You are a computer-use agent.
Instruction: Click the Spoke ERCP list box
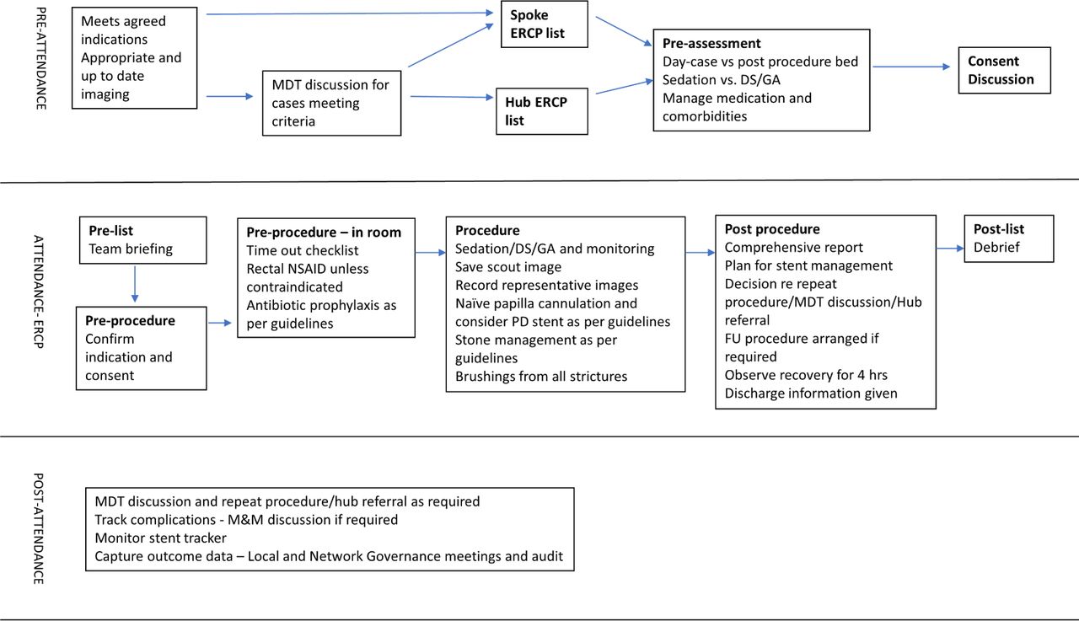(x=545, y=24)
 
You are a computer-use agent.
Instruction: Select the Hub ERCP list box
(x=542, y=111)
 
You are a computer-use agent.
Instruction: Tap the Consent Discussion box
(x=1004, y=70)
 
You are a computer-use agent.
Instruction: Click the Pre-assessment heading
(x=711, y=43)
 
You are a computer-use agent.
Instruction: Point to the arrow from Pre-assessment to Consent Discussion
(x=911, y=67)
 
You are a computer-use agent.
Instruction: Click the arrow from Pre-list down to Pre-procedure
(x=134, y=284)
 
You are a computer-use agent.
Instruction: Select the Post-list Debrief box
(x=1009, y=238)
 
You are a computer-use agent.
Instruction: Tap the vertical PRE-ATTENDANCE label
(x=41, y=58)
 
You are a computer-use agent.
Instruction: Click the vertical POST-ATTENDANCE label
(x=39, y=528)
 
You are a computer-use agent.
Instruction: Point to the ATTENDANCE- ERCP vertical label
(x=39, y=292)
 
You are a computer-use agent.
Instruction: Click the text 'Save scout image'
(x=508, y=267)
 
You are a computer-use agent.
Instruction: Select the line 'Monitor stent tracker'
(x=160, y=538)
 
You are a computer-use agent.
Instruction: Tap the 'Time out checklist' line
(x=303, y=250)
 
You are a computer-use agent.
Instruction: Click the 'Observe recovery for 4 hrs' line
(x=806, y=374)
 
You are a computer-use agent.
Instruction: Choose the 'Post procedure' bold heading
(x=772, y=229)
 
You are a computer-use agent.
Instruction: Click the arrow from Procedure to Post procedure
(x=701, y=252)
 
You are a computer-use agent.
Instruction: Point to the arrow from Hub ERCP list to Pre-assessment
(x=625, y=87)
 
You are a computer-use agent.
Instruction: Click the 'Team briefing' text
(x=131, y=249)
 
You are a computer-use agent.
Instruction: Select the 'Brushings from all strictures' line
(x=541, y=376)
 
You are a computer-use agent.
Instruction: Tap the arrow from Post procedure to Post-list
(x=950, y=249)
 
